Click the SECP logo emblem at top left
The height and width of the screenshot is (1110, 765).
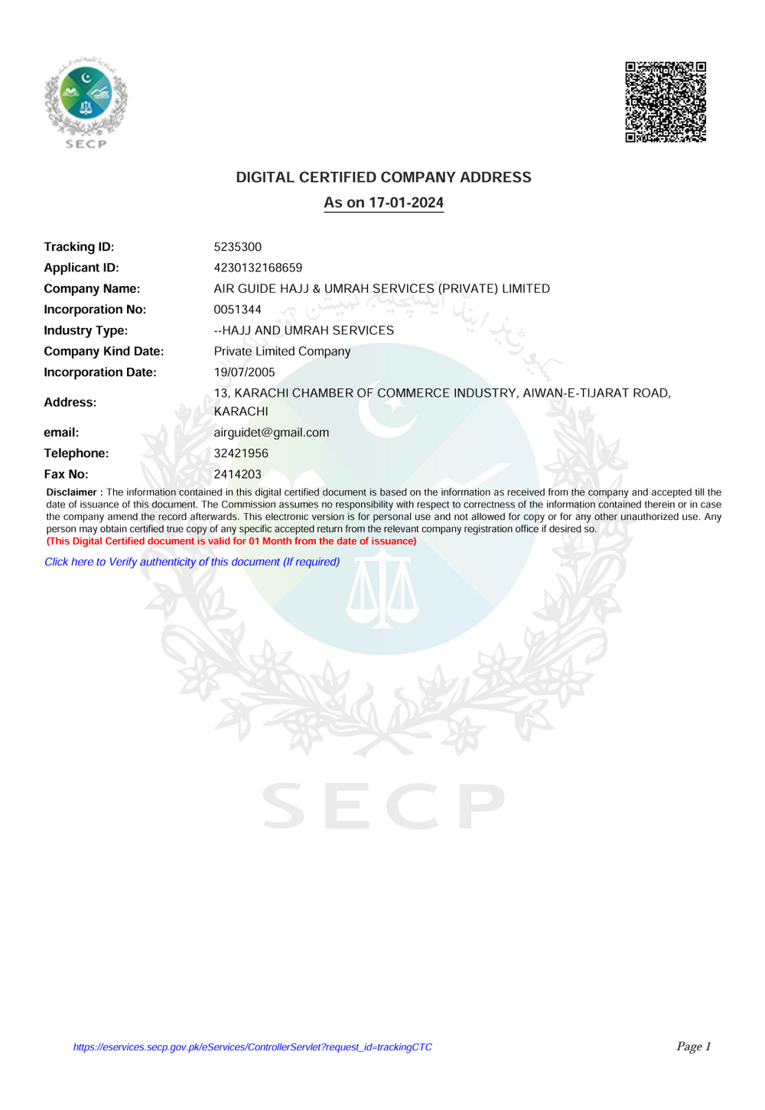(x=86, y=99)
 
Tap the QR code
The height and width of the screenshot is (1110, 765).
(x=666, y=102)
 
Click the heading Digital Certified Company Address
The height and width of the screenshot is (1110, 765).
(x=383, y=177)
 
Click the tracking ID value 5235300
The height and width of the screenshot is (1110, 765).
(x=238, y=247)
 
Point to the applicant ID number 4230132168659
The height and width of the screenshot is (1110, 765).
(x=258, y=268)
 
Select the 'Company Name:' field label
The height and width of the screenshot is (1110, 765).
(x=92, y=289)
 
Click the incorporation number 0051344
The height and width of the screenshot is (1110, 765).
(x=238, y=310)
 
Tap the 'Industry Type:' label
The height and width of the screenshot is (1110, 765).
(x=86, y=330)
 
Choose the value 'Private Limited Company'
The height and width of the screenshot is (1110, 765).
(x=282, y=352)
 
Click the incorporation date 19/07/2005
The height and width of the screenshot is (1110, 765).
(x=244, y=372)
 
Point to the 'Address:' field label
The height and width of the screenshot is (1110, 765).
(x=70, y=402)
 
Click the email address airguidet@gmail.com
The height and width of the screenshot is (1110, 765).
(x=272, y=433)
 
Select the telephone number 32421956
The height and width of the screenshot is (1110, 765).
(x=241, y=453)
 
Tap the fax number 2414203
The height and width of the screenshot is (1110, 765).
(x=238, y=474)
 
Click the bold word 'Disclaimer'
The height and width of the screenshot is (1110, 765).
(x=72, y=492)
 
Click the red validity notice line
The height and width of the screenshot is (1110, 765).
(x=231, y=541)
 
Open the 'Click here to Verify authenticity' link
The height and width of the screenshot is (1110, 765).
(x=192, y=562)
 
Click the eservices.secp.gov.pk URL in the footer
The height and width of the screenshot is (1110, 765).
(x=252, y=1047)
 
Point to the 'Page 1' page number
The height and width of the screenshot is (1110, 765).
(x=693, y=1047)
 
